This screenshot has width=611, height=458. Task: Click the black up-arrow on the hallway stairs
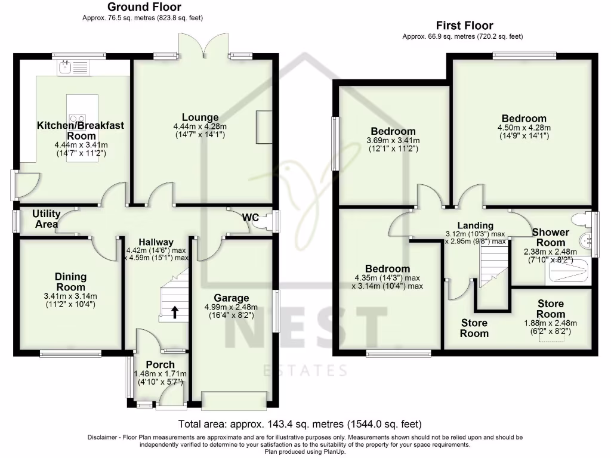tap(174, 311)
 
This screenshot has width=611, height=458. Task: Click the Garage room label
tap(233, 298)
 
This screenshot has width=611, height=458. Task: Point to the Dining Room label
tap(71, 281)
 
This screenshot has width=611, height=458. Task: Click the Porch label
tap(161, 364)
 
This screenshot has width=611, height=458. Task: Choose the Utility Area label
tap(46, 218)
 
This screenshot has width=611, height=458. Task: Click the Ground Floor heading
tap(144, 7)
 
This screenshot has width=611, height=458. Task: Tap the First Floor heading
tap(464, 26)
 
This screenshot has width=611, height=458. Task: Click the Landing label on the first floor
tap(476, 225)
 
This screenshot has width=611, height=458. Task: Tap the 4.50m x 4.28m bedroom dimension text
tap(524, 127)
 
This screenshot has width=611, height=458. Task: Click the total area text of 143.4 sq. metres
tap(301, 425)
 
